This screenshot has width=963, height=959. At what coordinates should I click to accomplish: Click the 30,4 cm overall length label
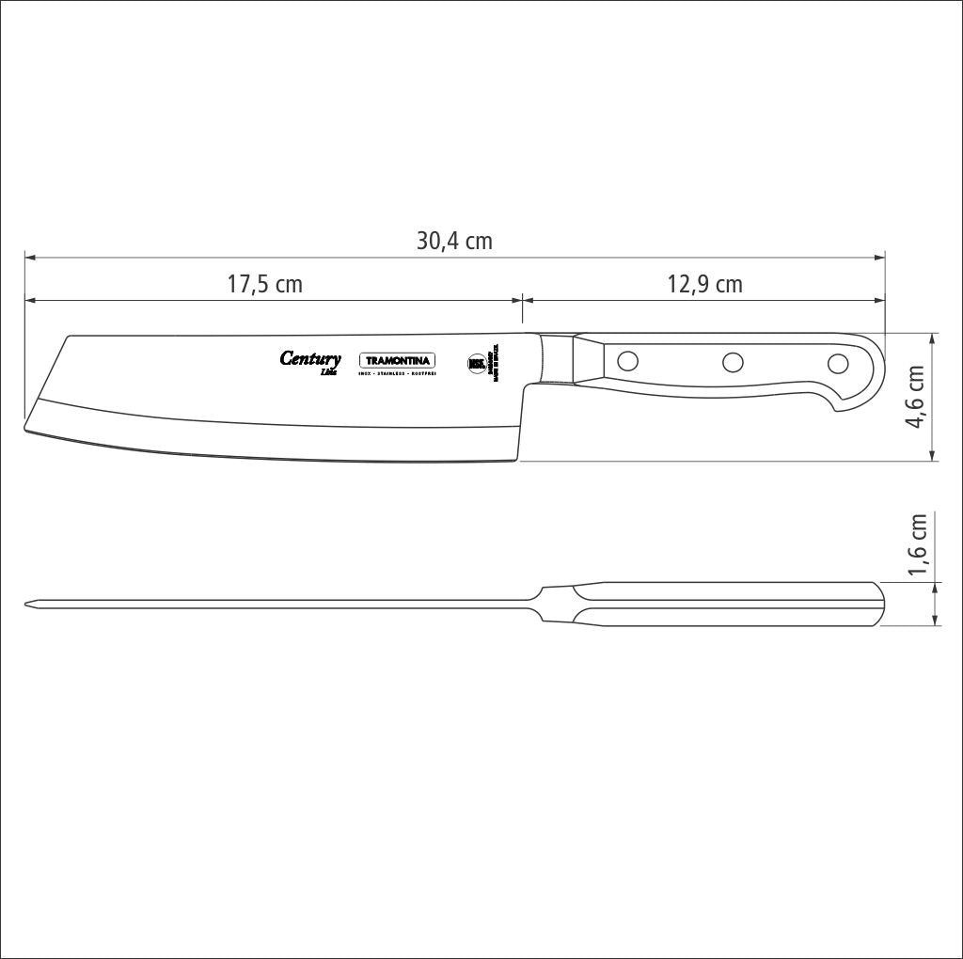454,241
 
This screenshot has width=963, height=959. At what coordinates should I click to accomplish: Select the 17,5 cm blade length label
264,284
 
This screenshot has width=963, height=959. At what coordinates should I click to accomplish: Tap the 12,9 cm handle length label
704,284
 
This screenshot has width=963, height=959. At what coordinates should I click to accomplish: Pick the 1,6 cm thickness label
917,544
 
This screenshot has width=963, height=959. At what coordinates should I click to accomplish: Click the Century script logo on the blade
310,359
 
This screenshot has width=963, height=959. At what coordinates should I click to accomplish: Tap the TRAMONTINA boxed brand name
397,361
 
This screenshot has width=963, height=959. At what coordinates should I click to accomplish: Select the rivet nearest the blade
627,359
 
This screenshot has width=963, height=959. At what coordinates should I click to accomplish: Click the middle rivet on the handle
733,361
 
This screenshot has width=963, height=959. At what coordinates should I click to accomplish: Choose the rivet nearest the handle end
837,363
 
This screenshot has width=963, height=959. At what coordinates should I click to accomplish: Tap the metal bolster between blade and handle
559,358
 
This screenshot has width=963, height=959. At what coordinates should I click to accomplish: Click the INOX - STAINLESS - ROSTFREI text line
397,374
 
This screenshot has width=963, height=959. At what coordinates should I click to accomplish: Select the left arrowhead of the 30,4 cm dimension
29,256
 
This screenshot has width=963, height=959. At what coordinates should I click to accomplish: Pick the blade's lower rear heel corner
517,460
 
